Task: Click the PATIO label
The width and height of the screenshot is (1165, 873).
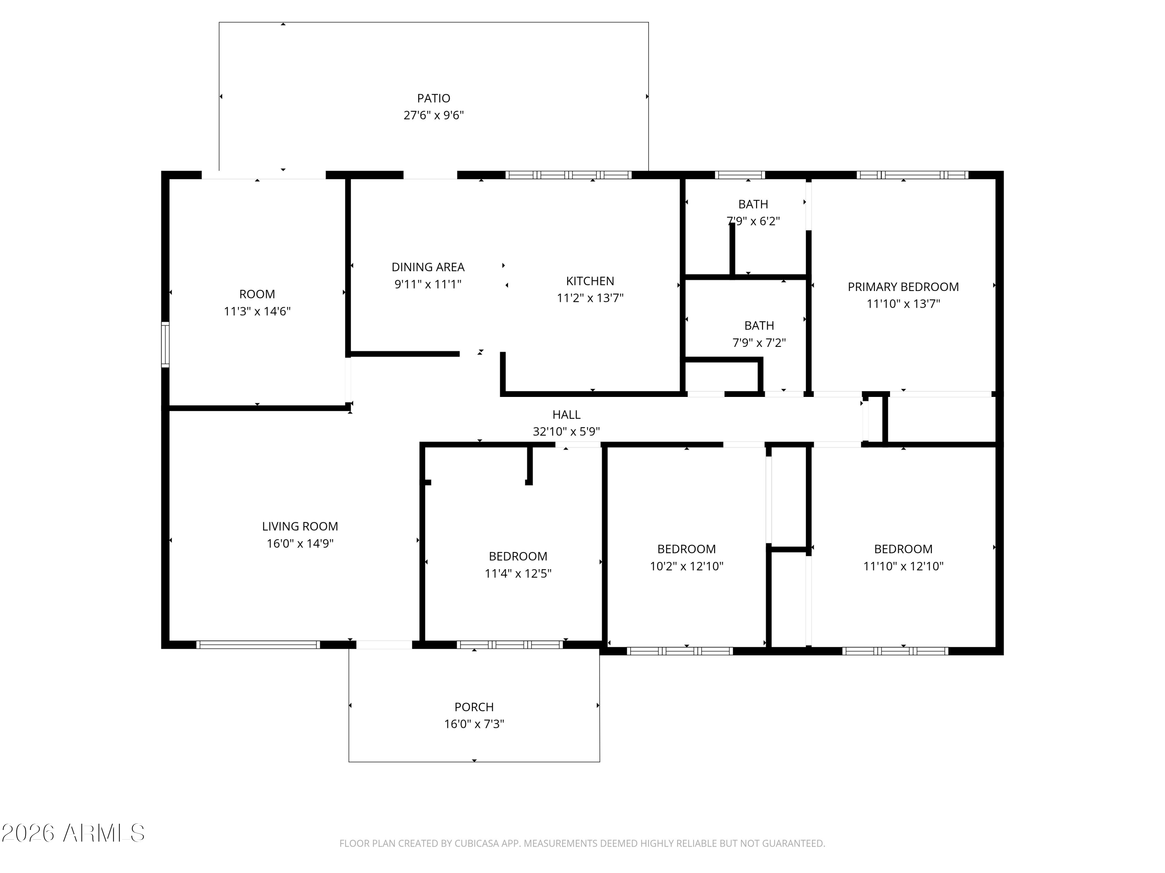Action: pyautogui.click(x=433, y=99)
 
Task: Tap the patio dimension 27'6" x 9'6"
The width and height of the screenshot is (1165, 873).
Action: pyautogui.click(x=433, y=115)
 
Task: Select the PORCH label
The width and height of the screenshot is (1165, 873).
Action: pyautogui.click(x=474, y=707)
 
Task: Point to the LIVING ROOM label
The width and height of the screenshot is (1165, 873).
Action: pyautogui.click(x=300, y=526)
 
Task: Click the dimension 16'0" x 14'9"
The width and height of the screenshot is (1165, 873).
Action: pyautogui.click(x=300, y=544)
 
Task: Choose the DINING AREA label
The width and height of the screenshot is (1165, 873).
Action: pyautogui.click(x=428, y=267)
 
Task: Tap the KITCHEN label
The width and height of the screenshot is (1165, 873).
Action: pyautogui.click(x=590, y=281)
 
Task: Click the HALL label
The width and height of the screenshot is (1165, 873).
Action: pyautogui.click(x=566, y=415)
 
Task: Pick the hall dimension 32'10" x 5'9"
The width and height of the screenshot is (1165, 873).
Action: pyautogui.click(x=566, y=432)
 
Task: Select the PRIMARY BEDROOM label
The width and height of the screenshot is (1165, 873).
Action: pyautogui.click(x=903, y=287)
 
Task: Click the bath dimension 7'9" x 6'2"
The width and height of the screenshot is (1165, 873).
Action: pyautogui.click(x=753, y=221)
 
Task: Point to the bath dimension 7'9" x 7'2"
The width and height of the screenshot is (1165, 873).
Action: pyautogui.click(x=759, y=343)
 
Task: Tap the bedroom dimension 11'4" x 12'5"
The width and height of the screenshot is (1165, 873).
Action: pyautogui.click(x=518, y=573)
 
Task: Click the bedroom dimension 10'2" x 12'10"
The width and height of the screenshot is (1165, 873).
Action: pyautogui.click(x=686, y=566)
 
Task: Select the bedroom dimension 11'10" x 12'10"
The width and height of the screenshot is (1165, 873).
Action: pyautogui.click(x=903, y=566)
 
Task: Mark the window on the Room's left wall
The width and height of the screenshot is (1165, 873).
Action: pyautogui.click(x=165, y=345)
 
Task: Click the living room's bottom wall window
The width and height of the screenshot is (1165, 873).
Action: pyautogui.click(x=258, y=644)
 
